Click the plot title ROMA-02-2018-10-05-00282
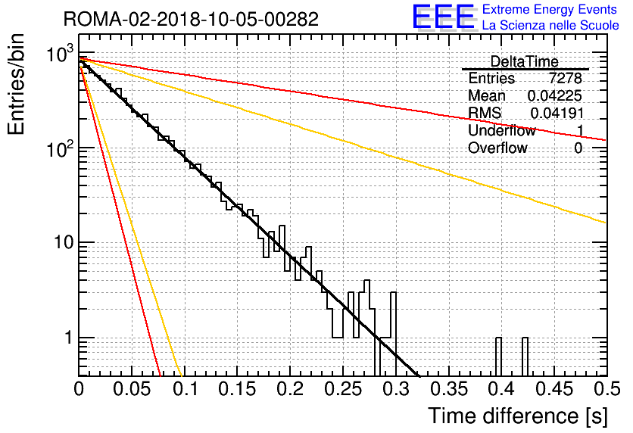point(191,19)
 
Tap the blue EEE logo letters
point(444,17)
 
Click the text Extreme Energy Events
point(550,9)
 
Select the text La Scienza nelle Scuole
point(550,25)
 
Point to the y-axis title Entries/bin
point(16,84)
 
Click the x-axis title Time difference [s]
point(518,416)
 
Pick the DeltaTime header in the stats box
point(524,61)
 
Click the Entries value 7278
point(565,78)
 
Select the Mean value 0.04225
point(554,95)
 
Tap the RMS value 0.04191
point(557,113)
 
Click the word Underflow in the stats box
point(501,130)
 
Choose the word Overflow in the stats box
point(497,148)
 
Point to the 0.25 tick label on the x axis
point(343,389)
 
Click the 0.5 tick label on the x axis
point(606,389)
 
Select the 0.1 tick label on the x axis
point(186,389)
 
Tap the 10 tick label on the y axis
point(63,242)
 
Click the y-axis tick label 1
point(69,338)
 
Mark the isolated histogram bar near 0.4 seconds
point(498,357)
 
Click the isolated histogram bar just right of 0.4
point(525,357)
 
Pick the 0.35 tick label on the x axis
point(449,389)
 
